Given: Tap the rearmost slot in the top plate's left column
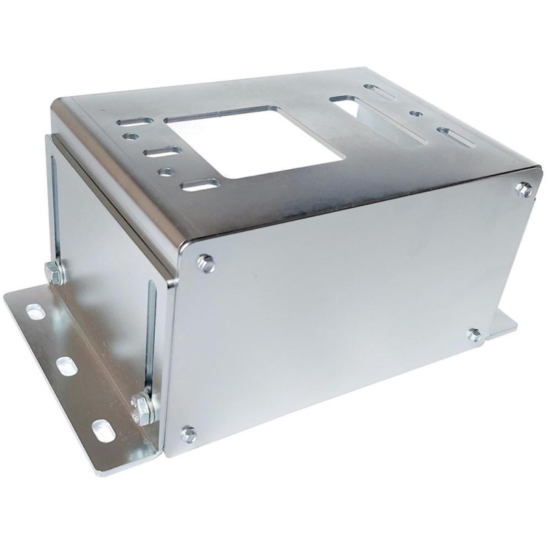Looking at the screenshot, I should pyautogui.click(x=135, y=121).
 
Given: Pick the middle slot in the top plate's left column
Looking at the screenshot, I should pyautogui.click(x=163, y=151).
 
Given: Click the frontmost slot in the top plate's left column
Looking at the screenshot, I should pyautogui.click(x=200, y=184).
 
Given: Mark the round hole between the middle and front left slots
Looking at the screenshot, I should pyautogui.click(x=165, y=171).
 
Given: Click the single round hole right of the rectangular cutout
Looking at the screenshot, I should pyautogui.click(x=415, y=113).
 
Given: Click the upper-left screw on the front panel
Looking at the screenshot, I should pyautogui.click(x=205, y=262).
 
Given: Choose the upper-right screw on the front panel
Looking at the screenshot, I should pyautogui.click(x=524, y=189).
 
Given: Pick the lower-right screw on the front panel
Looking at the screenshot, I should pyautogui.click(x=475, y=334).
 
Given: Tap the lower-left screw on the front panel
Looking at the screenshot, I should pyautogui.click(x=188, y=434).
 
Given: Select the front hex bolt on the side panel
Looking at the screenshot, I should pyautogui.click(x=145, y=408).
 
